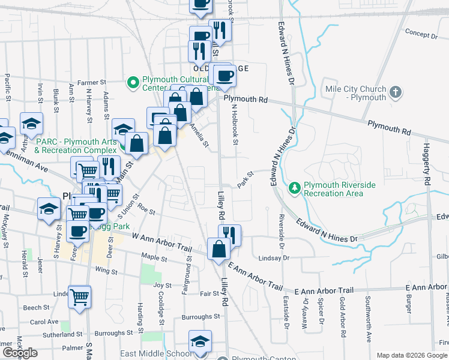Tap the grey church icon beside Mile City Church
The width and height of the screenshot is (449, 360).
tap(395, 92)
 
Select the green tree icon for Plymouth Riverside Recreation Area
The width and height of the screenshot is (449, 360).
tap(294, 188)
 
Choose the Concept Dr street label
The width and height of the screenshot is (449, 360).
tap(421, 35)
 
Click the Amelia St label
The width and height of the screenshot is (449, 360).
tap(199, 135)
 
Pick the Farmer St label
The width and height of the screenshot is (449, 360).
tap(91, 82)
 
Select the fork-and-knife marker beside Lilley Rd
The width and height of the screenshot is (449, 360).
tap(230, 235)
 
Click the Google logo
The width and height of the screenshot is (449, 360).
tap(20, 353)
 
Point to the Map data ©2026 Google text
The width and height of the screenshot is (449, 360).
tap(412, 355)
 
